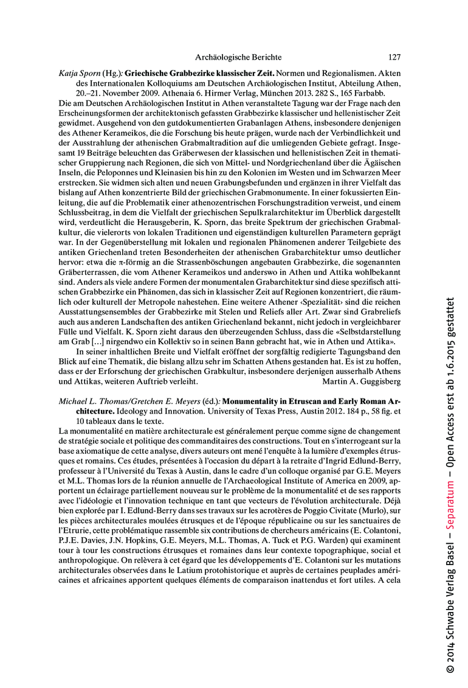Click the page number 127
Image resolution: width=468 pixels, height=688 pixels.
(394, 57)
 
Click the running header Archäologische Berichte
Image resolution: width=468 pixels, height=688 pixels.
(238, 57)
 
